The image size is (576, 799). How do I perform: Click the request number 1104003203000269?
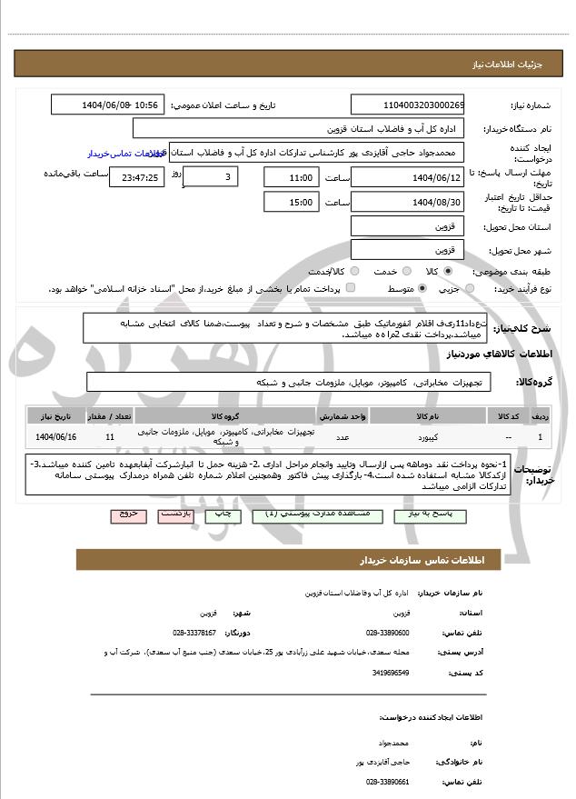pyautogui.click(x=407, y=105)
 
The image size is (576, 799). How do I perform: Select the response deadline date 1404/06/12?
pyautogui.click(x=407, y=176)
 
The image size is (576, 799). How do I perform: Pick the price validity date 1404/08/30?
pyautogui.click(x=407, y=201)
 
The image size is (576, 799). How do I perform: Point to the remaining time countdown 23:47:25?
pyautogui.click(x=137, y=177)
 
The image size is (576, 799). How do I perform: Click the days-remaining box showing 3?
pyautogui.click(x=214, y=176)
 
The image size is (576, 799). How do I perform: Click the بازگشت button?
pyautogui.click(x=175, y=514)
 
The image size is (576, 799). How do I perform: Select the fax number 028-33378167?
pyautogui.click(x=194, y=633)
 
